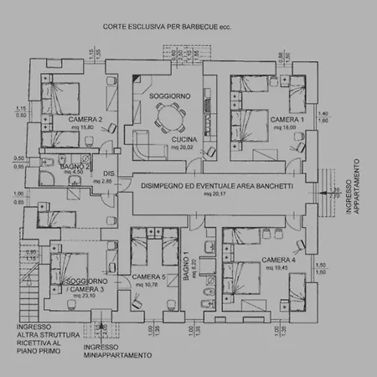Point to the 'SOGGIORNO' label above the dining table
(x=169, y=96)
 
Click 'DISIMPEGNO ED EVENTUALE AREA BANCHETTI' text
(x=207, y=186)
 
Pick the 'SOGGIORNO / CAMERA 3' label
(x=85, y=286)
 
